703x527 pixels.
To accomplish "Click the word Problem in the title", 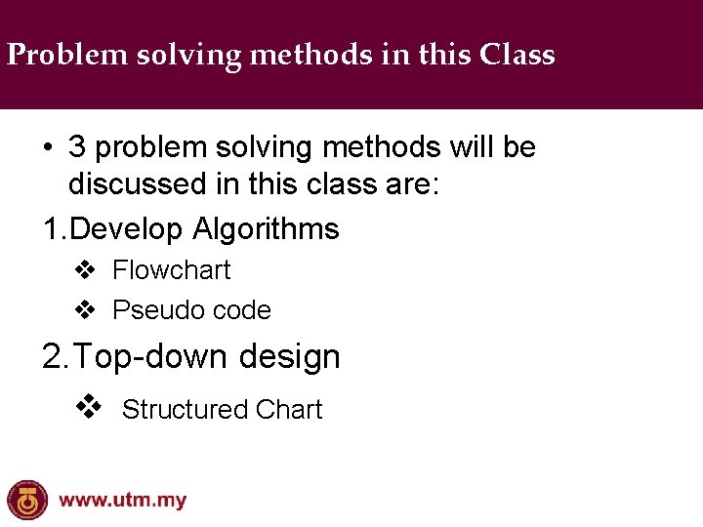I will pyautogui.click(x=54, y=56).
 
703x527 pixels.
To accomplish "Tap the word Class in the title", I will pyautogui.click(x=517, y=55).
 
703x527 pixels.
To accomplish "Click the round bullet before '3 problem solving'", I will pyautogui.click(x=48, y=148).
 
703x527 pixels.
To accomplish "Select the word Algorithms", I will pyautogui.click(x=266, y=229).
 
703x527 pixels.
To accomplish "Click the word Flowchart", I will pyautogui.click(x=172, y=270).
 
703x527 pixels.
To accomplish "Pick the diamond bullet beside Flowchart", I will pyautogui.click(x=86, y=270).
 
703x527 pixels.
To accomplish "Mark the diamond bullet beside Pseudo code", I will pyautogui.click(x=86, y=310).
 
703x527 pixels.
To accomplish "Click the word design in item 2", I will pyautogui.click(x=290, y=357).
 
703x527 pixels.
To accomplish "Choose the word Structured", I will pyautogui.click(x=185, y=410).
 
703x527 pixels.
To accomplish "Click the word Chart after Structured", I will pyautogui.click(x=288, y=410).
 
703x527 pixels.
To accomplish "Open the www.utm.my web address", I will pyautogui.click(x=122, y=502).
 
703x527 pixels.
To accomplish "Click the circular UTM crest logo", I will pyautogui.click(x=26, y=501).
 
